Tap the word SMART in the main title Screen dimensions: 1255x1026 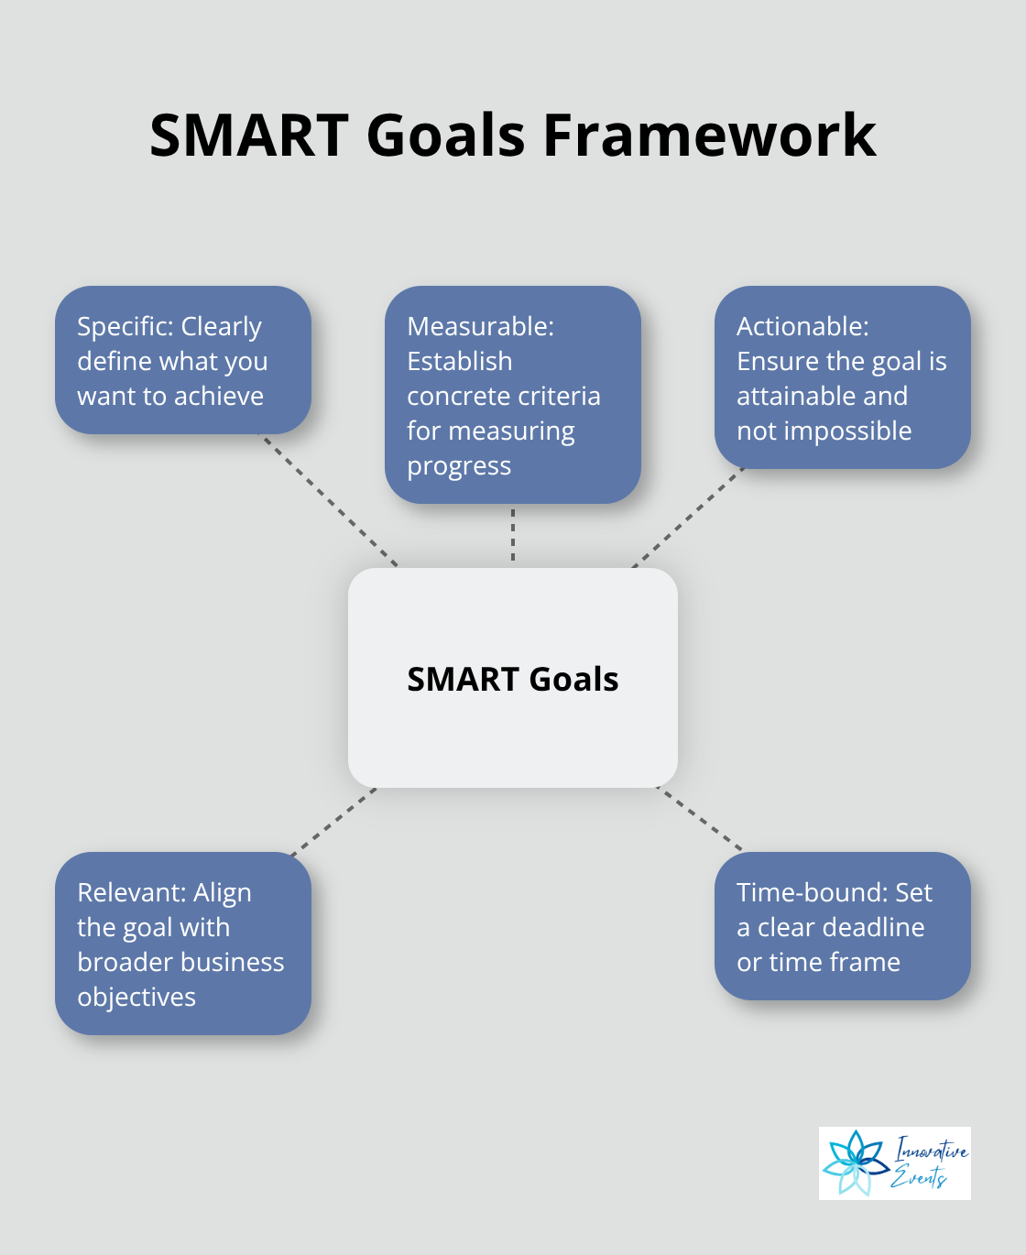click(x=249, y=136)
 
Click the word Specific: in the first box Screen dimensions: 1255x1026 click(x=126, y=327)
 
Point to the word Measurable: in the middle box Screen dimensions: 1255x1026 click(x=480, y=327)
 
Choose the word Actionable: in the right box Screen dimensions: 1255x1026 click(x=802, y=327)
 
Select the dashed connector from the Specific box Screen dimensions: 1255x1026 click(x=331, y=500)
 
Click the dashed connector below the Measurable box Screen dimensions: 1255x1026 click(x=513, y=535)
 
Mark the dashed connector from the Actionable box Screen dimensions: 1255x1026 click(x=687, y=518)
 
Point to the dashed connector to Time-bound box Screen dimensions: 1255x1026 click(x=700, y=819)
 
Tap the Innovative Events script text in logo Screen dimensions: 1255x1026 click(x=929, y=1162)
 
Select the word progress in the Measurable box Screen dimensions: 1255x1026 click(x=459, y=466)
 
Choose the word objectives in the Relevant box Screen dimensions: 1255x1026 click(x=136, y=998)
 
